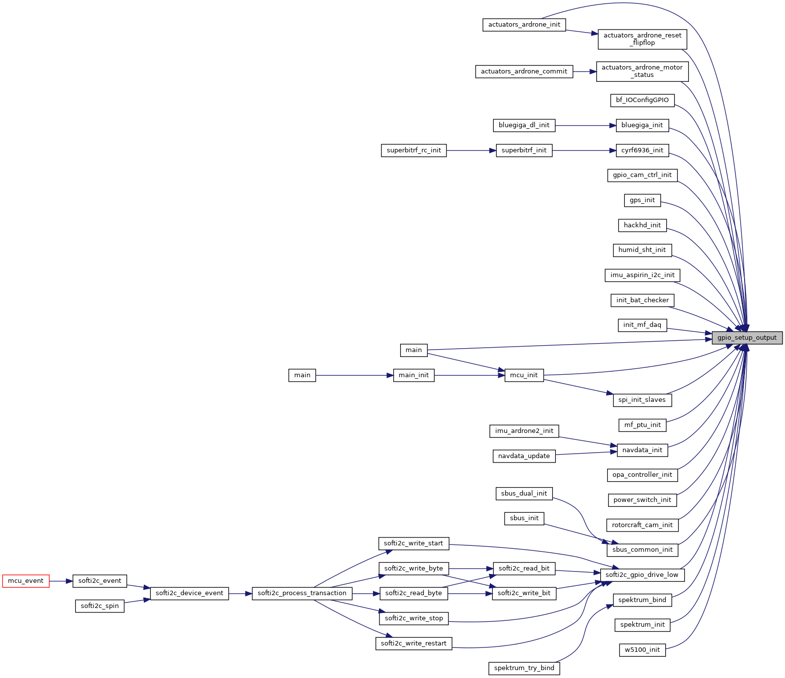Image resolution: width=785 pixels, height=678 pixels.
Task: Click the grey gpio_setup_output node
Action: [x=747, y=338]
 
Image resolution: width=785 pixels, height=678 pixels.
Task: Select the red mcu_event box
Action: [x=26, y=581]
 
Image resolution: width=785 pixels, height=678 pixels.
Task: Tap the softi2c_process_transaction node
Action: [x=302, y=593]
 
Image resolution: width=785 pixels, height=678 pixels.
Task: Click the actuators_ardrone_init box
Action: [x=524, y=25]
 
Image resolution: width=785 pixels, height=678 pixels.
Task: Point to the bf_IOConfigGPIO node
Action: [x=642, y=100]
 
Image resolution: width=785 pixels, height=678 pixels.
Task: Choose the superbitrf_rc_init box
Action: [x=413, y=150]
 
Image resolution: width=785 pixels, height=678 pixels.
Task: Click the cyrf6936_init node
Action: [x=642, y=150]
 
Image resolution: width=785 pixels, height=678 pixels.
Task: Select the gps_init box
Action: [x=642, y=200]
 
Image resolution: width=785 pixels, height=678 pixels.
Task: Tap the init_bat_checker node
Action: [x=642, y=300]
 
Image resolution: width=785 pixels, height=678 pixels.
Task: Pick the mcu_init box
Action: [x=524, y=375]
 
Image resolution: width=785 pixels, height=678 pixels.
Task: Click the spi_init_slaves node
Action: [x=642, y=400]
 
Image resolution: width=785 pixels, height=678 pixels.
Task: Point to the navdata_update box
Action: [x=524, y=456]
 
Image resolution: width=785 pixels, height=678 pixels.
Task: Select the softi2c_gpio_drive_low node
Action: [x=642, y=575]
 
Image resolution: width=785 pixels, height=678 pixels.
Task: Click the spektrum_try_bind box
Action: [x=524, y=668]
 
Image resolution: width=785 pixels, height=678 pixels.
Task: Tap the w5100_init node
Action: [x=642, y=650]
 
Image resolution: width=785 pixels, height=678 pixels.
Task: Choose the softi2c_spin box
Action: [x=100, y=606]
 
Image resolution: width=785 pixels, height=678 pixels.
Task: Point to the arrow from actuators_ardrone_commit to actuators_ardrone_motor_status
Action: [x=584, y=71]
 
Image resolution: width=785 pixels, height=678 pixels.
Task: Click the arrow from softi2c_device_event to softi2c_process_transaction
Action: [x=240, y=594]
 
